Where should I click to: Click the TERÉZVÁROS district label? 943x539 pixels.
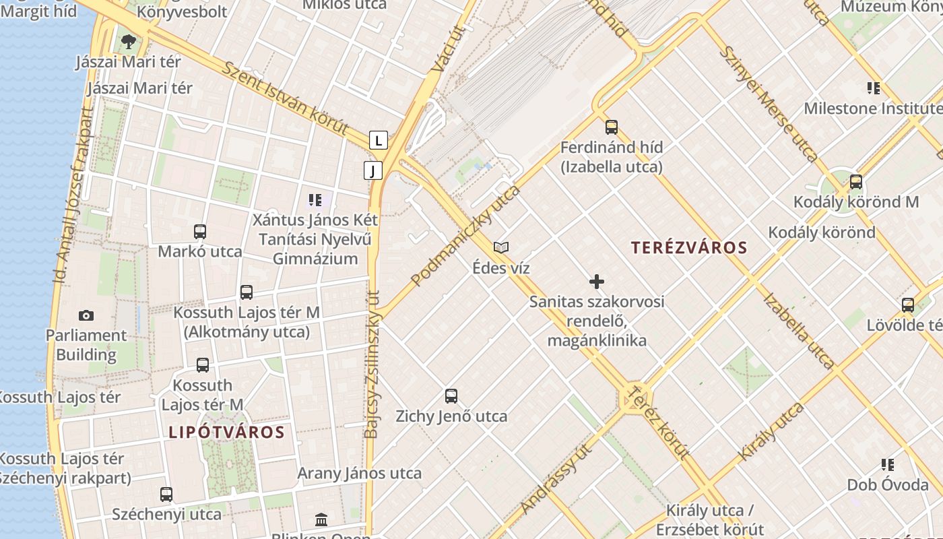click(689, 247)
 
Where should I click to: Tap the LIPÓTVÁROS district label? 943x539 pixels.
click(226, 432)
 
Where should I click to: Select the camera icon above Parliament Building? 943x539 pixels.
click(86, 315)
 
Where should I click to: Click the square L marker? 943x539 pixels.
click(379, 140)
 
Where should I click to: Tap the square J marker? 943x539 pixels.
click(372, 170)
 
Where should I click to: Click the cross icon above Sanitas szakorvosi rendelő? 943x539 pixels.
click(596, 281)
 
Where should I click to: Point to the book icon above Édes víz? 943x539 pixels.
click(500, 247)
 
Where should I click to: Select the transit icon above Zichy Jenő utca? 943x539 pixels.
click(451, 396)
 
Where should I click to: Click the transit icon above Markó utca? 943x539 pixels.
click(200, 232)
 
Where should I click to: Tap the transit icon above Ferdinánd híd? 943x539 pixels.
click(612, 127)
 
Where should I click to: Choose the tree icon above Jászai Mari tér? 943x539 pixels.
click(129, 42)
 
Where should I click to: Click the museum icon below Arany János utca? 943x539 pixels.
click(321, 519)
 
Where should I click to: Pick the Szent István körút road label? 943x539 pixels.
click(286, 99)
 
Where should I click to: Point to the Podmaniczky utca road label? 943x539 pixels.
click(465, 236)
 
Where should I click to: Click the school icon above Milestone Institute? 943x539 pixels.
click(874, 88)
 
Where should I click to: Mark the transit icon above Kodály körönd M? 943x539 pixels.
click(855, 182)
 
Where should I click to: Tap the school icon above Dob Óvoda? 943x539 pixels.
click(888, 464)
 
